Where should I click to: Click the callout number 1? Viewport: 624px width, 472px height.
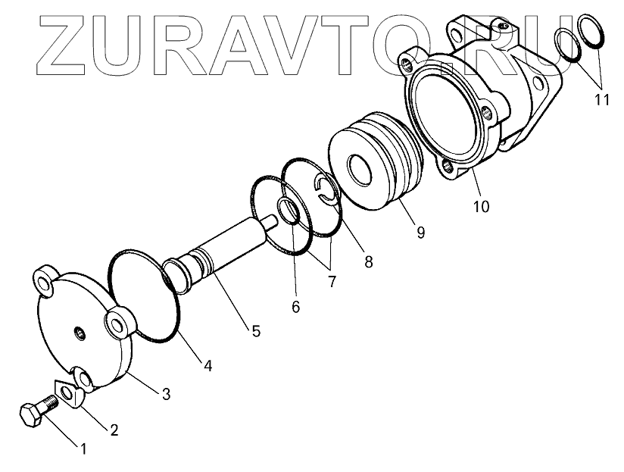[x=83, y=449]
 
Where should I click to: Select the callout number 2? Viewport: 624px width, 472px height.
[x=114, y=431]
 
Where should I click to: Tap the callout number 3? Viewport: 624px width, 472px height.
[x=166, y=393]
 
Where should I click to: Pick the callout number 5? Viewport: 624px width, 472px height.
[x=256, y=330]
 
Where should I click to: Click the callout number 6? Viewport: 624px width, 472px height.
[x=295, y=306]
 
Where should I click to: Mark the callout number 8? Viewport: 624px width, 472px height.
[x=368, y=262]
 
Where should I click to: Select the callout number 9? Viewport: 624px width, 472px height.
[x=420, y=233]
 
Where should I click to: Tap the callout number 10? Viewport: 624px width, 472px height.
[x=481, y=205]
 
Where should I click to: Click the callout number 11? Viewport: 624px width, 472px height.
[x=601, y=99]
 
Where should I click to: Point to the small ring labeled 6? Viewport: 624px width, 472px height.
[x=289, y=211]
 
